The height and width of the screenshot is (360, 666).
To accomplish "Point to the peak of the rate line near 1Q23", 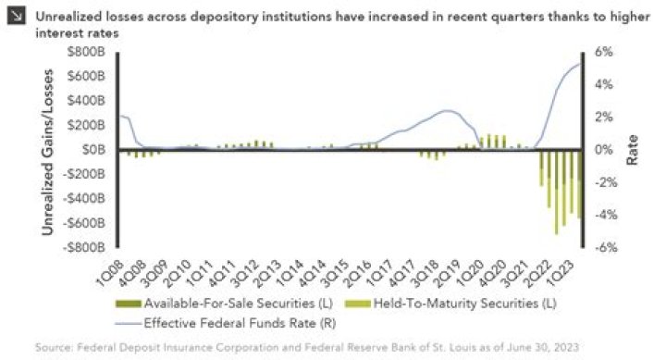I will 579,64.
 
